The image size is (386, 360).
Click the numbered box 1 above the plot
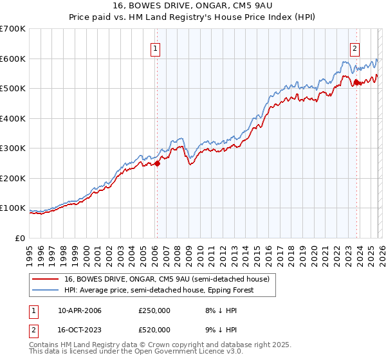[156, 47]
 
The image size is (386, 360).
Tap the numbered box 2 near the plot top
[355, 47]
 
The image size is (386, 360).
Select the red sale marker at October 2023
[356, 82]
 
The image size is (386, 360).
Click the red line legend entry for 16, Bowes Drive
[170, 278]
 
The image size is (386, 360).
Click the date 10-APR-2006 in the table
[80, 310]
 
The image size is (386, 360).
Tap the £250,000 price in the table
[154, 310]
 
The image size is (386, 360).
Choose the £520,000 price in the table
[154, 330]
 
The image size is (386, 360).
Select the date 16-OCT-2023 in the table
[80, 330]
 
